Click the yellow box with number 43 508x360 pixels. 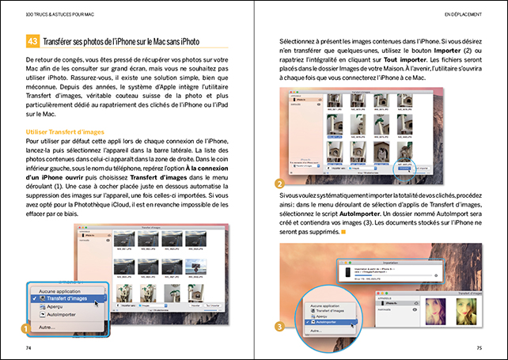point(32,41)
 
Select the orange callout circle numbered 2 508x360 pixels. point(280,183)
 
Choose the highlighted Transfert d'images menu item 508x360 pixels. point(67,298)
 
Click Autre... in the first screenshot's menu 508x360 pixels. point(47,325)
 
